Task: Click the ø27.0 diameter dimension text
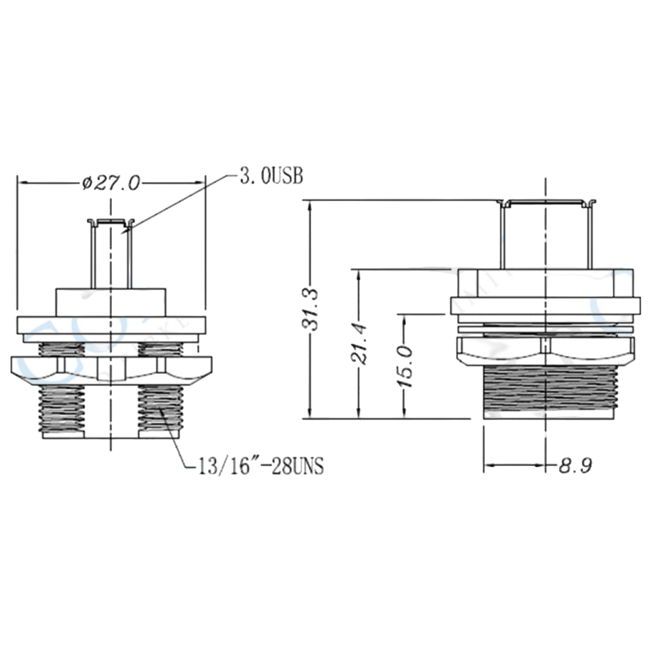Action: tap(111, 183)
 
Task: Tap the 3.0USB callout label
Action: tap(271, 177)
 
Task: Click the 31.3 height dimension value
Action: tap(313, 309)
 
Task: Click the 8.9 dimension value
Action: tap(575, 466)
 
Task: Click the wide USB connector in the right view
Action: tap(545, 234)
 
